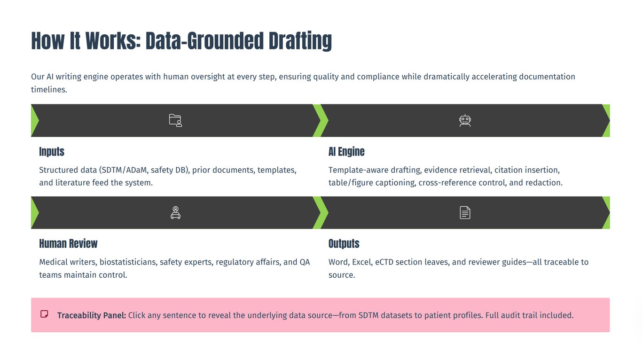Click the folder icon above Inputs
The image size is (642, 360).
coord(175,120)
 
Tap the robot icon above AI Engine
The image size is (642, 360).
coord(465,120)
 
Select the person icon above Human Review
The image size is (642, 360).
coord(175,213)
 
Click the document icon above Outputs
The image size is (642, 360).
coord(465,213)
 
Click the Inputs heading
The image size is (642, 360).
coord(52,152)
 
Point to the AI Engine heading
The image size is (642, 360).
coord(346,152)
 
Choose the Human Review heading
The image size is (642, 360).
coord(68,243)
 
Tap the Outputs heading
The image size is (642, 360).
coord(344,243)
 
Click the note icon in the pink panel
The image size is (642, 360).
coord(44,314)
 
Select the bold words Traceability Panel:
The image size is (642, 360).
coord(92,315)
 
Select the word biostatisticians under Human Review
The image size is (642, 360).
coord(128,262)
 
